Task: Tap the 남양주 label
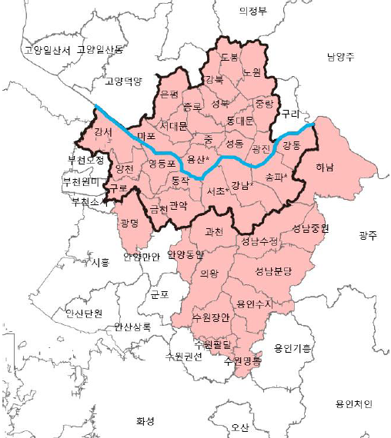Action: click(x=340, y=57)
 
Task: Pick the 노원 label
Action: click(x=252, y=72)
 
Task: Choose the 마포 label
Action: click(x=146, y=137)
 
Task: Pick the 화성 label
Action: click(x=145, y=420)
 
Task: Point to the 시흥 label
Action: click(x=100, y=262)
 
